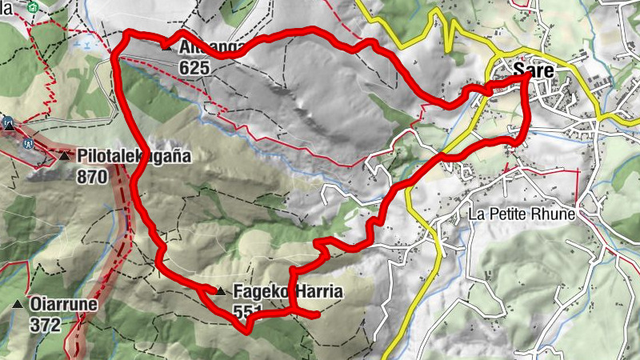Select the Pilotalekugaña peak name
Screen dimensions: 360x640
pyautogui.click(x=134, y=156)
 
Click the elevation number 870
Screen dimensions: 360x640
pyautogui.click(x=93, y=177)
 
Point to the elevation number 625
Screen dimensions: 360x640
pyautogui.click(x=194, y=68)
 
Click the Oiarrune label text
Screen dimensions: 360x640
pyautogui.click(x=63, y=305)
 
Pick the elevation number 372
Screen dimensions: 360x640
pyautogui.click(x=45, y=325)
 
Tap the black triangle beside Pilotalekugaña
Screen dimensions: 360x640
pyautogui.click(x=64, y=155)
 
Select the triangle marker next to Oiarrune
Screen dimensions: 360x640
pyautogui.click(x=18, y=305)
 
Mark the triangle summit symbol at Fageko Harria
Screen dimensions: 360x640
pyautogui.click(x=220, y=291)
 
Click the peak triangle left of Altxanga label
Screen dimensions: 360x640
pyautogui.click(x=166, y=46)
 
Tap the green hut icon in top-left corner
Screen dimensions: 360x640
pyautogui.click(x=31, y=7)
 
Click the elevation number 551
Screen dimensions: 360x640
pyautogui.click(x=249, y=311)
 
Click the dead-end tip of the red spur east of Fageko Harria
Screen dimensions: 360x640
pyautogui.click(x=319, y=314)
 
